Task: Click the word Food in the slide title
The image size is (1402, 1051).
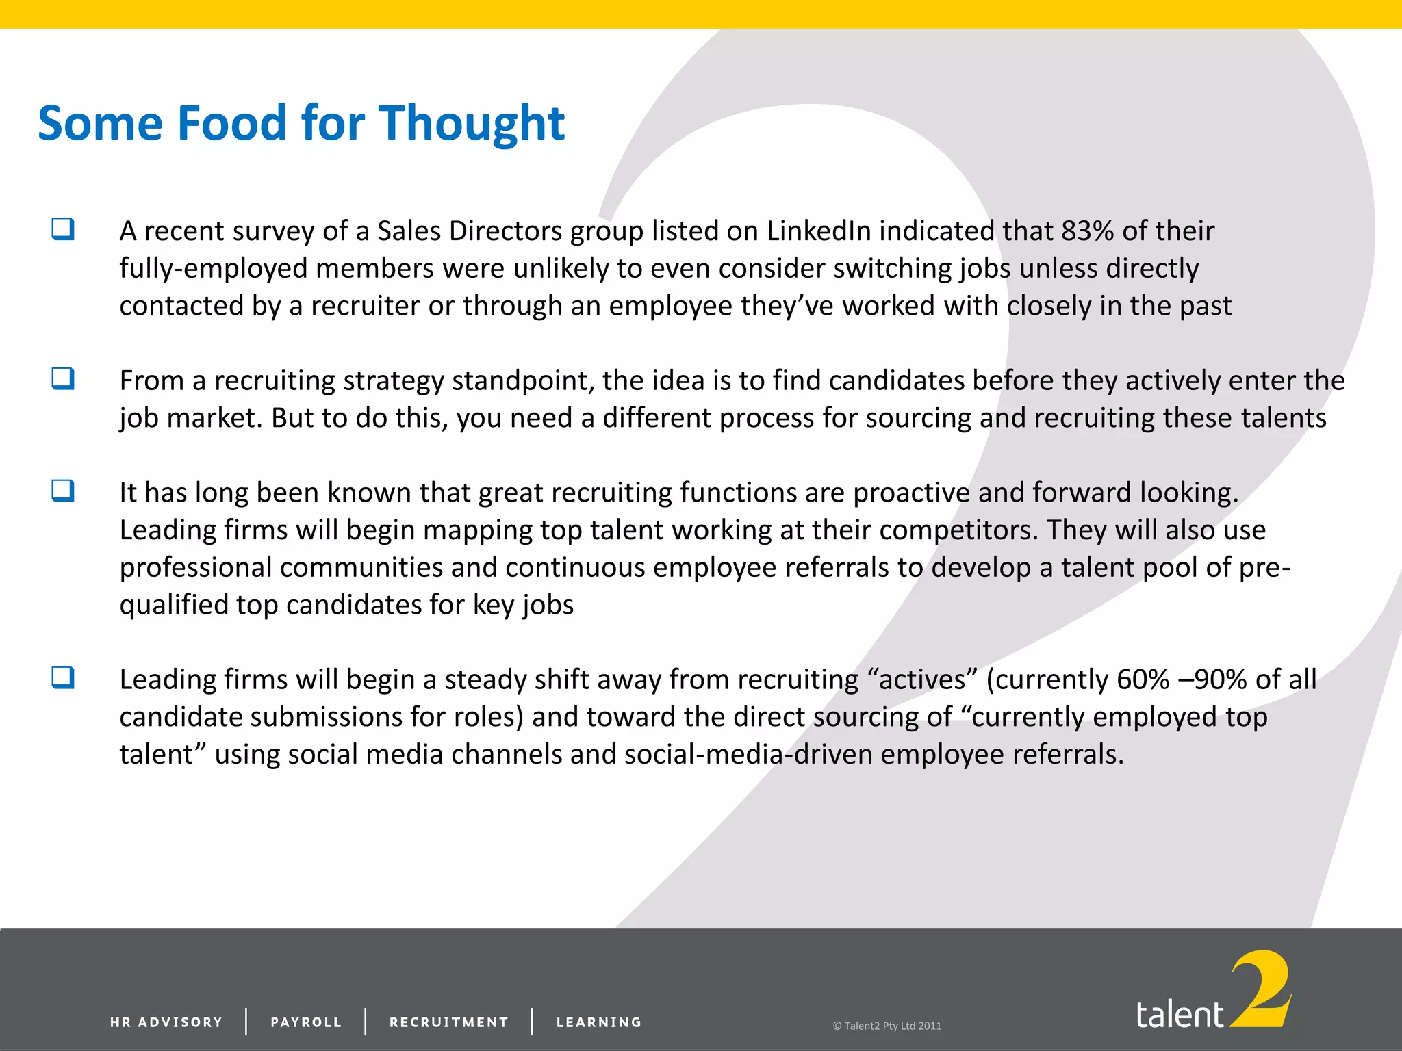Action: pos(231,123)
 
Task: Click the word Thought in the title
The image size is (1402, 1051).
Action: pos(472,123)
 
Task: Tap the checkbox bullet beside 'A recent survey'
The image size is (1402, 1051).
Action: pos(63,229)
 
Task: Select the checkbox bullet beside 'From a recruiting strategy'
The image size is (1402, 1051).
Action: pos(63,378)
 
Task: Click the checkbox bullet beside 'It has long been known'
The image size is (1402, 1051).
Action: pos(63,490)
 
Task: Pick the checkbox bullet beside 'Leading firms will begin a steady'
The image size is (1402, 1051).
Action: pos(63,677)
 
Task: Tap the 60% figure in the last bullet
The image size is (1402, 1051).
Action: pos(1143,679)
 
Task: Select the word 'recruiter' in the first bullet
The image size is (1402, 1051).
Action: pos(365,306)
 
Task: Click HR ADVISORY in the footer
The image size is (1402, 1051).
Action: pos(166,1022)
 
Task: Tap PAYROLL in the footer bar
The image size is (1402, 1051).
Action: pos(306,1022)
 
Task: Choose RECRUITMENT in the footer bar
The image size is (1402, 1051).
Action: pos(449,1022)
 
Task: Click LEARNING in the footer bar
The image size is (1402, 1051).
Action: pos(599,1022)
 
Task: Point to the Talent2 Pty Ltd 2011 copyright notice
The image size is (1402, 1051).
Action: pos(887,1026)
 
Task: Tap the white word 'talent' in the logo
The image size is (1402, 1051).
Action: pos(1180,1014)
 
